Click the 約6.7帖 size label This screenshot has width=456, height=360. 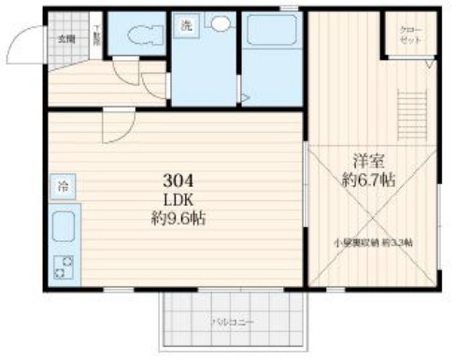pos(367,180)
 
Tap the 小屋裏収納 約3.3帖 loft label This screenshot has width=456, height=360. pos(373,242)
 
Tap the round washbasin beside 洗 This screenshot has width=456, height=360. pos(220,26)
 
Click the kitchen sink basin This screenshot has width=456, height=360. pos(64,227)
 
